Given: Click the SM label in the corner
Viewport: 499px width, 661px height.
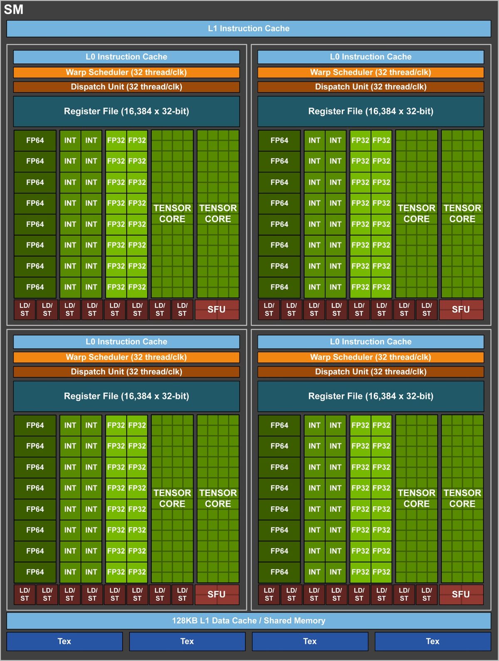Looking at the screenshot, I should pyautogui.click(x=14, y=10).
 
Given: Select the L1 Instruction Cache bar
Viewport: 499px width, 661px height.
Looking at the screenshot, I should pyautogui.click(x=249, y=29).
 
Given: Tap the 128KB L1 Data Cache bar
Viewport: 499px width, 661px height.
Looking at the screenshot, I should pyautogui.click(x=249, y=621).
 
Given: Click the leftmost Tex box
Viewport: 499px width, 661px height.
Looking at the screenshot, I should pyautogui.click(x=64, y=641).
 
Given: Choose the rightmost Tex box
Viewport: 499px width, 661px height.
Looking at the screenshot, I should pyautogui.click(x=432, y=641).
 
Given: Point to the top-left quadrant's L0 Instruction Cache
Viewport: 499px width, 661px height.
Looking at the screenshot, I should pyautogui.click(x=126, y=57).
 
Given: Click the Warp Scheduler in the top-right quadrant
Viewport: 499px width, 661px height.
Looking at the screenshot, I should pyautogui.click(x=371, y=72).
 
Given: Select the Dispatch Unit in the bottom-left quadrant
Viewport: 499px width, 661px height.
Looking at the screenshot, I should pyautogui.click(x=126, y=372).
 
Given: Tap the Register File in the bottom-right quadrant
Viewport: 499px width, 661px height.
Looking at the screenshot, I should pyautogui.click(x=371, y=396).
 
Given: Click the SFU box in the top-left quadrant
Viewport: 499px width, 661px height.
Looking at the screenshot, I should pyautogui.click(x=217, y=309).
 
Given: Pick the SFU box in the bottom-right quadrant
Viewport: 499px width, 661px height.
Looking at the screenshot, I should pyautogui.click(x=461, y=594).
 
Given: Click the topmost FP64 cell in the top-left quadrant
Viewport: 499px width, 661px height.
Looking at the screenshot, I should pyautogui.click(x=35, y=141).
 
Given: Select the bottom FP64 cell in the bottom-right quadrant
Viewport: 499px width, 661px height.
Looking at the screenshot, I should pyautogui.click(x=279, y=572).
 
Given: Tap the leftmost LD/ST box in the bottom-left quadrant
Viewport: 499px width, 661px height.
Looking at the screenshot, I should pyautogui.click(x=25, y=594).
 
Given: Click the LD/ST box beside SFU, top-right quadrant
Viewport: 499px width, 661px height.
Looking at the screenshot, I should pyautogui.click(x=427, y=309).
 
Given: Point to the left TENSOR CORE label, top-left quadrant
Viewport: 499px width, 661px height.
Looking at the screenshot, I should pyautogui.click(x=172, y=213).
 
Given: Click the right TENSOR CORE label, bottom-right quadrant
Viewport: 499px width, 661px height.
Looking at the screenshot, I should pyautogui.click(x=462, y=498).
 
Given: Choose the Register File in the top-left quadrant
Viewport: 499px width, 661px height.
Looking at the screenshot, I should pyautogui.click(x=126, y=111).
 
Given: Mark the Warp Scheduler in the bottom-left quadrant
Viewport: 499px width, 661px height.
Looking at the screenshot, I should pyautogui.click(x=126, y=357).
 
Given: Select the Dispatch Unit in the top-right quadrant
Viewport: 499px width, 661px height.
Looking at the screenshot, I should pyautogui.click(x=371, y=87).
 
